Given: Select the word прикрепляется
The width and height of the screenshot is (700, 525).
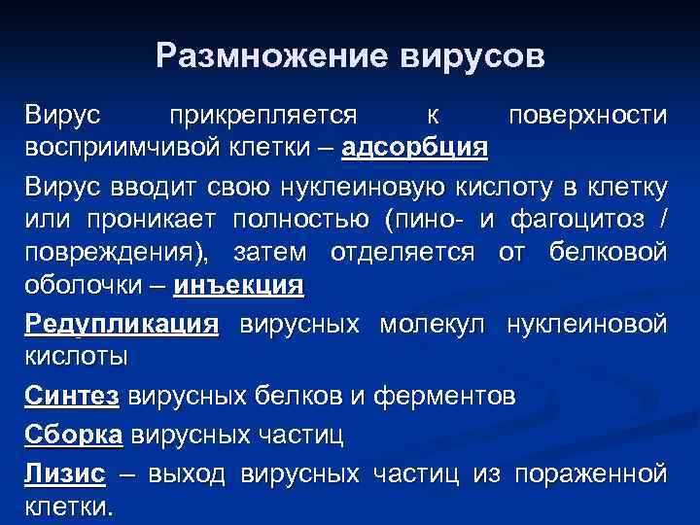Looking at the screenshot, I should tap(262, 117).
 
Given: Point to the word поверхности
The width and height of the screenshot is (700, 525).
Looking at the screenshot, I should tap(587, 117).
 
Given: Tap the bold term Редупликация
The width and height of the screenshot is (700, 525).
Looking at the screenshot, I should tap(122, 324).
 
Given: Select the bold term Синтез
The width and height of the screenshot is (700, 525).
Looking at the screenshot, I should tap(72, 397).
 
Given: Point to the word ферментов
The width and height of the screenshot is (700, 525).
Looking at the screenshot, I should tap(460, 397).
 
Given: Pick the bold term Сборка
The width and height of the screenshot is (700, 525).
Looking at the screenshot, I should tap(73, 436).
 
